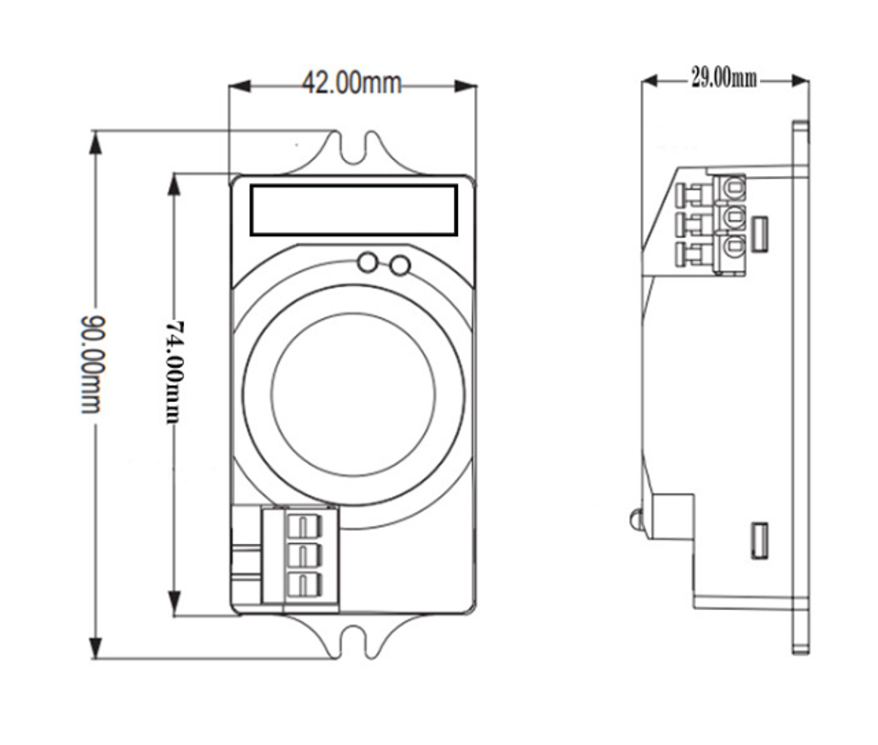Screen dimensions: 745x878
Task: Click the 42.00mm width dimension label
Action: tap(351, 83)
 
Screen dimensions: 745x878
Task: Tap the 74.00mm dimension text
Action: tap(174, 371)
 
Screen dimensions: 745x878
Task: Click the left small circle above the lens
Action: tap(368, 263)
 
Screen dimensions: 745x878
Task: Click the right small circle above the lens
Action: tap(401, 265)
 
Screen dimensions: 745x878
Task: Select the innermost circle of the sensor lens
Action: tap(353, 393)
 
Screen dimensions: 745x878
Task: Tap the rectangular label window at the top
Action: tap(353, 210)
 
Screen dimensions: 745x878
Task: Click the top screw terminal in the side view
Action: tap(731, 188)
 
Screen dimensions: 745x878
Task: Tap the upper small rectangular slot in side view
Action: tap(759, 233)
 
